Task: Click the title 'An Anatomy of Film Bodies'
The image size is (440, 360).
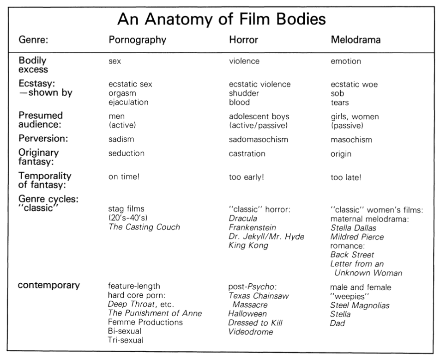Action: [222, 19]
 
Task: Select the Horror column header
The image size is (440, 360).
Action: [243, 40]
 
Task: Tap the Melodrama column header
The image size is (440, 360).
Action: [356, 40]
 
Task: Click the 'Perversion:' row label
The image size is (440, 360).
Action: [43, 139]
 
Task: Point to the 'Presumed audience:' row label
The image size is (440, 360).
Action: [41, 120]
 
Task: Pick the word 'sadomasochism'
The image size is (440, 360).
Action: [258, 140]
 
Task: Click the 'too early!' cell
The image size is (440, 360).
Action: [246, 177]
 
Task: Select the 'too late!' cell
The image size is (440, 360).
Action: [346, 177]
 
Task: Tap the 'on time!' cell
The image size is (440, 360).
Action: [124, 177]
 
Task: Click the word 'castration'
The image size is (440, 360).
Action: [247, 153]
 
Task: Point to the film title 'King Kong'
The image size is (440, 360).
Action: [248, 246]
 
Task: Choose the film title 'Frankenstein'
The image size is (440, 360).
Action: [252, 227]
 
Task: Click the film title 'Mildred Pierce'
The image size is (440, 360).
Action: [357, 237]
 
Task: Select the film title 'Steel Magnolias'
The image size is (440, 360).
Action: [360, 305]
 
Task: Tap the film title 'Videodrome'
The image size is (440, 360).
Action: [251, 332]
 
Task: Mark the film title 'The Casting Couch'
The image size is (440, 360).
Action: [144, 227]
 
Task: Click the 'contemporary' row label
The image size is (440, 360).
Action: [49, 285]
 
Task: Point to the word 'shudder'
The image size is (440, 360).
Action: [244, 93]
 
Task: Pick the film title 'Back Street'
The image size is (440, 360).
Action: [352, 255]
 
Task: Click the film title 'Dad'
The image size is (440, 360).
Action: [338, 323]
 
